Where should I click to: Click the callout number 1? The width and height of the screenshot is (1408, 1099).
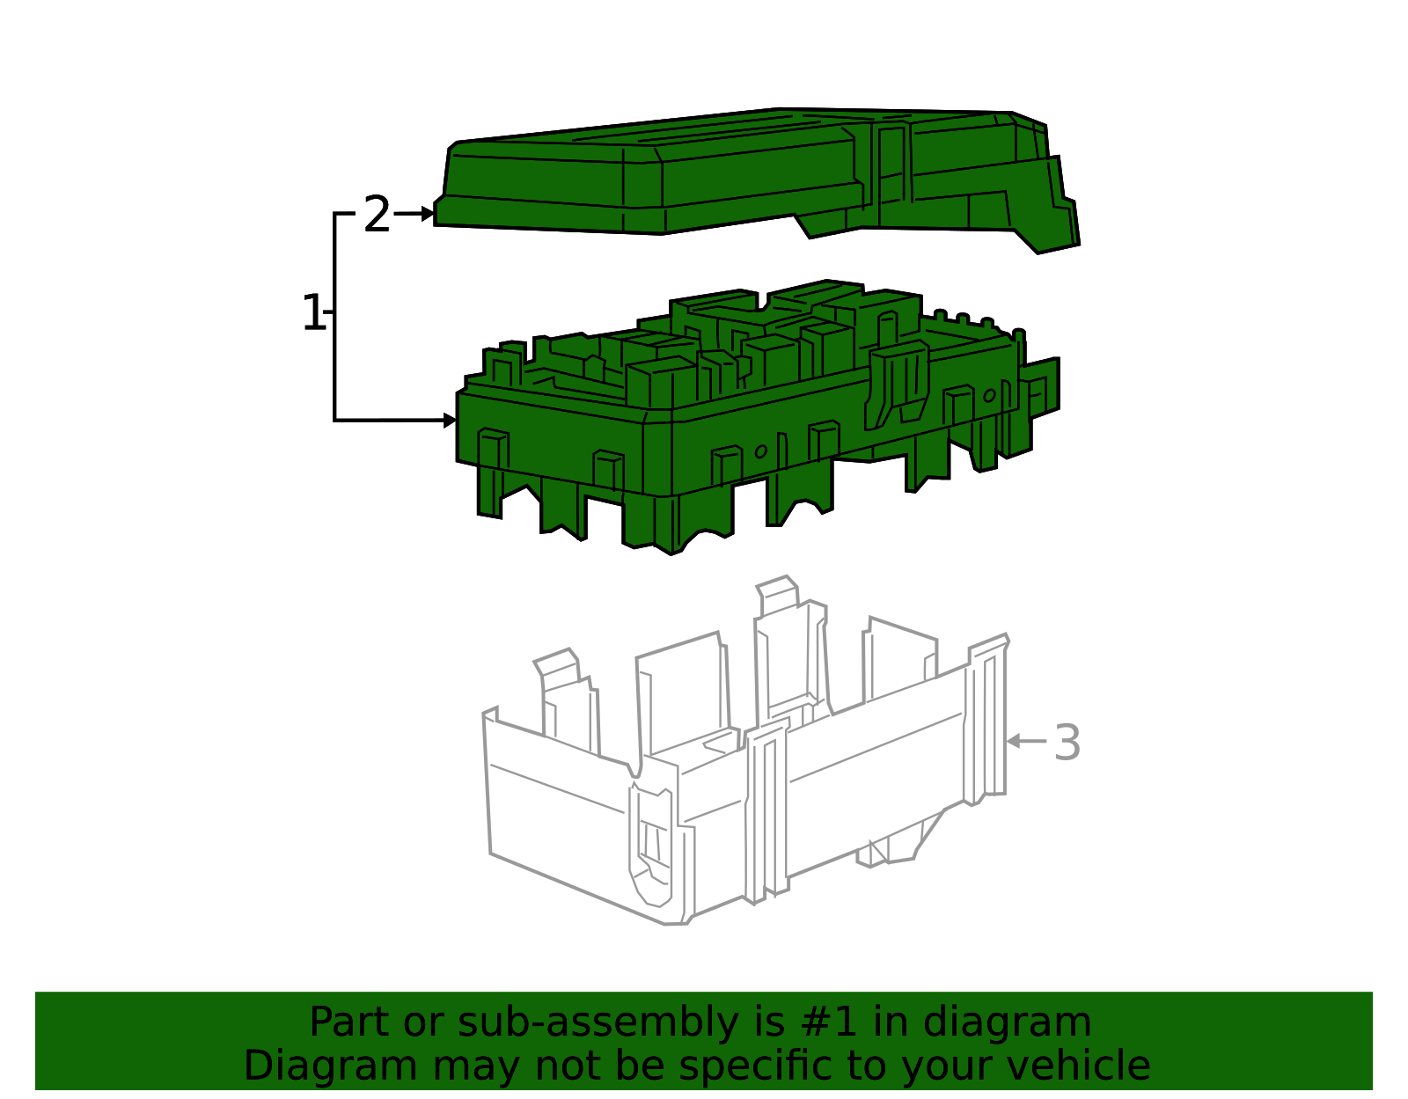point(313,312)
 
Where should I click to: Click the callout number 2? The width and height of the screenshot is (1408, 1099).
point(378,215)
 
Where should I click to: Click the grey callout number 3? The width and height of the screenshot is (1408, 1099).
point(1067,742)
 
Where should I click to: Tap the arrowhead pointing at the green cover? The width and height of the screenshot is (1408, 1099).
point(428,213)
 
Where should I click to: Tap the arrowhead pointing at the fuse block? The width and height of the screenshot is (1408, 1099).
point(450,421)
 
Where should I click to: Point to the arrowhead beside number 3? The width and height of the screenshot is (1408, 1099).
point(1014,741)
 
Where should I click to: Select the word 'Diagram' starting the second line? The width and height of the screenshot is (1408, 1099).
point(331,1067)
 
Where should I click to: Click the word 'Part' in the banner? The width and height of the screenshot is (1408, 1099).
point(350,1022)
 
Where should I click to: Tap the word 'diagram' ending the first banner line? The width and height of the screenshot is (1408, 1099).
point(1007,1024)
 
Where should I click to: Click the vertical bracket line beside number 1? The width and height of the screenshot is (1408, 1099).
point(334,317)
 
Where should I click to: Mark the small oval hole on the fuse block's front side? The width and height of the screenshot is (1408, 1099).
point(760,451)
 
